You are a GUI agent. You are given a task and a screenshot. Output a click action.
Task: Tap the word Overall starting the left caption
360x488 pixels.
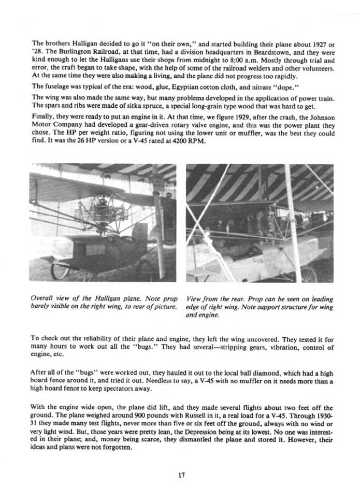coord(44,299)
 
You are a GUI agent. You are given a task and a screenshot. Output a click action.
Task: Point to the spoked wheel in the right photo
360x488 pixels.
coord(309,274)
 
